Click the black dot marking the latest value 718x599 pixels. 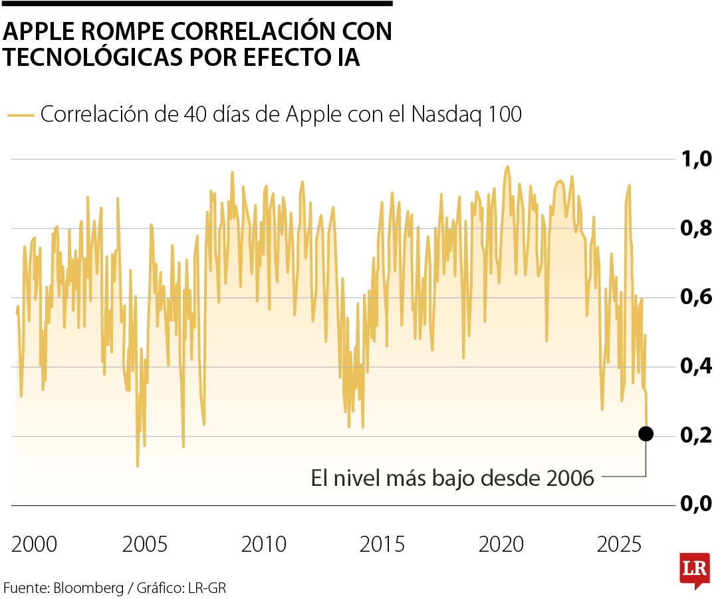(646, 434)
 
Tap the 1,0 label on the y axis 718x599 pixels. (694, 159)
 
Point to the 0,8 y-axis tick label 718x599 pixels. (694, 228)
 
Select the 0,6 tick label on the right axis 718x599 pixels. (694, 297)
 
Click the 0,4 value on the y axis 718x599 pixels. (694, 366)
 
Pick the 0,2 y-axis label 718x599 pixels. (694, 435)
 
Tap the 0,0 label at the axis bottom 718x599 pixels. (694, 504)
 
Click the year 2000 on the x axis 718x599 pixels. (35, 544)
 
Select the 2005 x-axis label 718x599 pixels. (144, 544)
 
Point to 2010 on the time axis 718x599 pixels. (263, 544)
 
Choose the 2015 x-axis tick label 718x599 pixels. (382, 544)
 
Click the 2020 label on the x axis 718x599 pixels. (501, 544)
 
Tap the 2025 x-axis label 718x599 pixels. (620, 544)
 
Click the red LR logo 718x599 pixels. (694, 570)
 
